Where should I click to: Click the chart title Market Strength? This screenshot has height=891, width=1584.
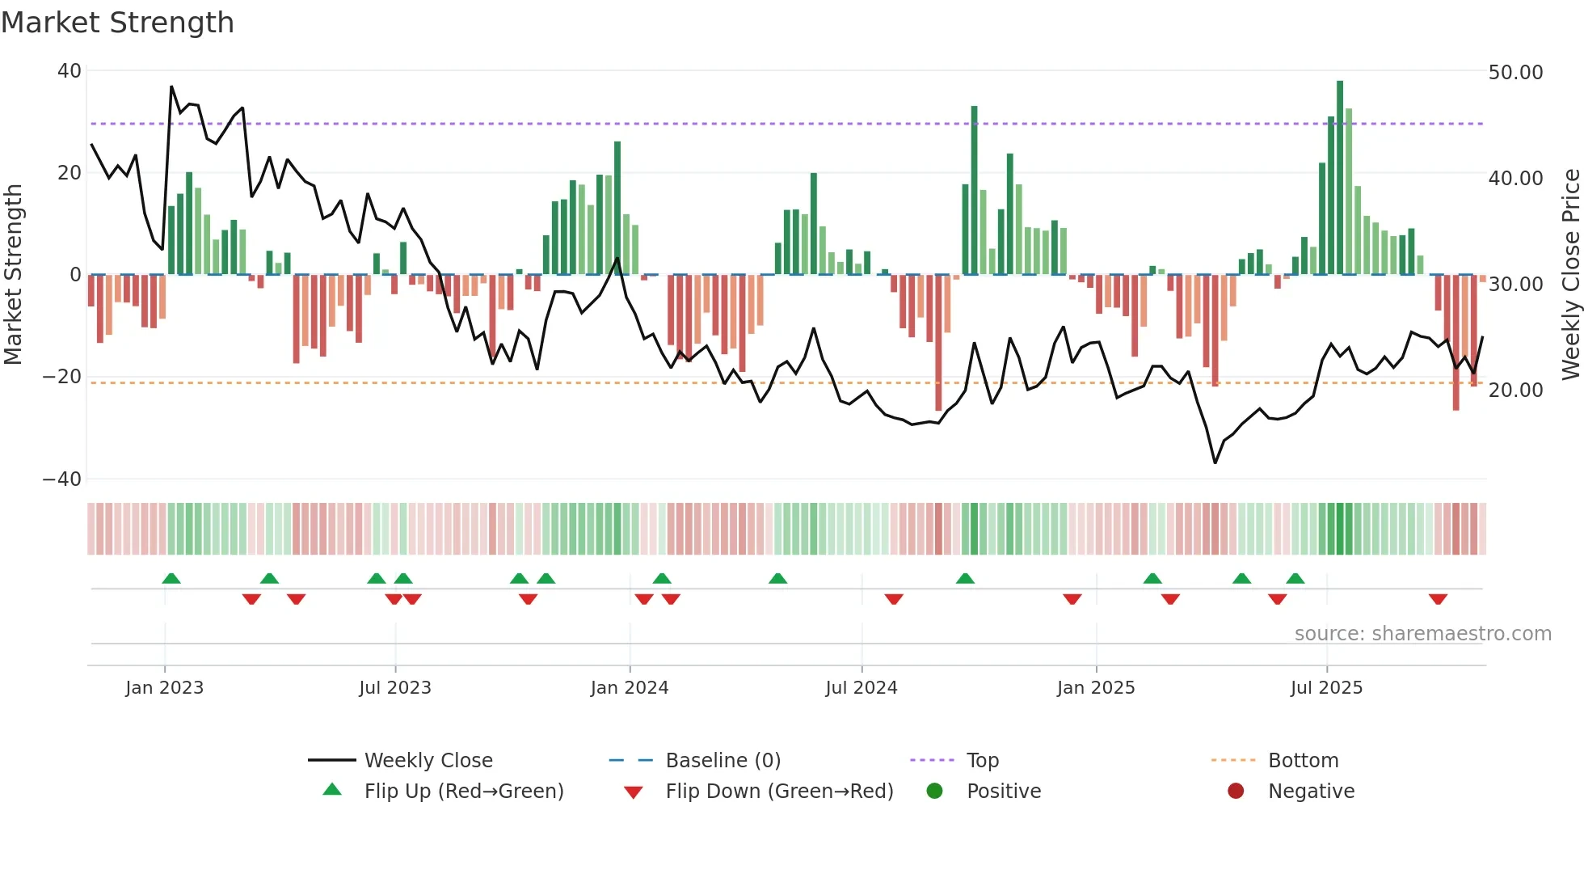pyautogui.click(x=117, y=23)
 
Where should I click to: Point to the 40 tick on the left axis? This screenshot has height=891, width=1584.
pyautogui.click(x=70, y=71)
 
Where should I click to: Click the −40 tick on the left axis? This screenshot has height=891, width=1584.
pyautogui.click(x=62, y=479)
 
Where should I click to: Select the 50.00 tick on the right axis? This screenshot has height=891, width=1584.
pyautogui.click(x=1515, y=73)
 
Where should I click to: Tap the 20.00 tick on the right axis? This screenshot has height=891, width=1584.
pyautogui.click(x=1515, y=391)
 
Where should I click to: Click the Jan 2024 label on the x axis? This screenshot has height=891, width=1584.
pyautogui.click(x=630, y=688)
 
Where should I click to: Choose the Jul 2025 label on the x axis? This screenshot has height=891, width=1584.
pyautogui.click(x=1326, y=688)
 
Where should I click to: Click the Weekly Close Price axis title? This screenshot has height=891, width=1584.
pyautogui.click(x=1570, y=275)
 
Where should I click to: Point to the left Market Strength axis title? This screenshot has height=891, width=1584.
pyautogui.click(x=14, y=275)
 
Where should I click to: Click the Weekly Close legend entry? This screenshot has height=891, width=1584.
pyautogui.click(x=428, y=761)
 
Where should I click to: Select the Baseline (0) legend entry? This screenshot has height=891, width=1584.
pyautogui.click(x=722, y=761)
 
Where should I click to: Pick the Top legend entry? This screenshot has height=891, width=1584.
pyautogui.click(x=983, y=761)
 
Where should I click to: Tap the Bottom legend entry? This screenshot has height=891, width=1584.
pyautogui.click(x=1303, y=761)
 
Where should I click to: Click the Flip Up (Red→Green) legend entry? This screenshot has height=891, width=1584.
pyautogui.click(x=463, y=792)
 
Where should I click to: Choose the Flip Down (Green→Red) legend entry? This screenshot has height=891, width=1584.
pyautogui.click(x=779, y=792)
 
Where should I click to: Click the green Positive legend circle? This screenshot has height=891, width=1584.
pyautogui.click(x=935, y=792)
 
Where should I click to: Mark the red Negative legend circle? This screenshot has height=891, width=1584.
pyautogui.click(x=1236, y=792)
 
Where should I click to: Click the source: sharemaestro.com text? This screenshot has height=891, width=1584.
pyautogui.click(x=1422, y=634)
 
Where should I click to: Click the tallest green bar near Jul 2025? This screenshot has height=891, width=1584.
pyautogui.click(x=1340, y=178)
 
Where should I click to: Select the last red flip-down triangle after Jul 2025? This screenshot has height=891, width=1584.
pyautogui.click(x=1438, y=599)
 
